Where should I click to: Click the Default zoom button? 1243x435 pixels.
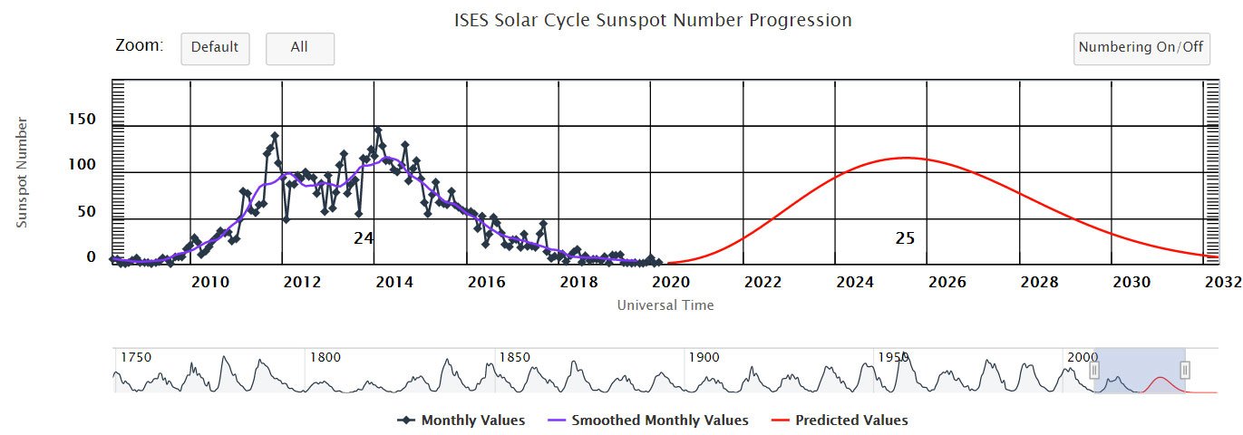pyautogui.click(x=215, y=48)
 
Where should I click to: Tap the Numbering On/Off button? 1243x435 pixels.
pyautogui.click(x=1141, y=48)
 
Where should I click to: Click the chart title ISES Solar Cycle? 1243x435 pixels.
pyautogui.click(x=653, y=19)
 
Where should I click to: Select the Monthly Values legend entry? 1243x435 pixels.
pyautogui.click(x=462, y=420)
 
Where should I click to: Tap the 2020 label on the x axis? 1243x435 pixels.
pyautogui.click(x=670, y=282)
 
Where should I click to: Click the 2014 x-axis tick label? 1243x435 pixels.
pyautogui.click(x=394, y=282)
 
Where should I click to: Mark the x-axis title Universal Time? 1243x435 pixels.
pyautogui.click(x=665, y=305)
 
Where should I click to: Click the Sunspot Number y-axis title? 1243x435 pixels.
pyautogui.click(x=23, y=172)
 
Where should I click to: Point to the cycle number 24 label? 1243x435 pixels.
pyautogui.click(x=364, y=238)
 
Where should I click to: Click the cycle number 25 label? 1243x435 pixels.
pyautogui.click(x=905, y=238)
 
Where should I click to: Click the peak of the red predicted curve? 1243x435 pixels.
pyautogui.click(x=905, y=158)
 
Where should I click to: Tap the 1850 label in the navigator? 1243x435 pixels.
pyautogui.click(x=515, y=357)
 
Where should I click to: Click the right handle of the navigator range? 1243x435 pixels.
pyautogui.click(x=1185, y=370)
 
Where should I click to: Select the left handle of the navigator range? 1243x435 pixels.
pyautogui.click(x=1094, y=370)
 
